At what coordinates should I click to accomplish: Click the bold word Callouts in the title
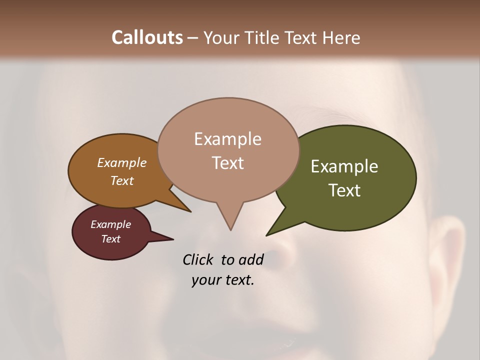pos(147,37)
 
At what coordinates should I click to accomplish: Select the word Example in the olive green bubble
pos(344,166)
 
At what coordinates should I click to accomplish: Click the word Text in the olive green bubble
pos(344,190)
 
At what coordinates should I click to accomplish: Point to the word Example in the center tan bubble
pos(227,139)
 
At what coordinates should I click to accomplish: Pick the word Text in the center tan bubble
pos(227,163)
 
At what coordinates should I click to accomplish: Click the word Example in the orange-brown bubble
pos(121,163)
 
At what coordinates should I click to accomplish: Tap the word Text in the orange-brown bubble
pos(121,180)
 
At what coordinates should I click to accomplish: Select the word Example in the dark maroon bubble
pos(110,224)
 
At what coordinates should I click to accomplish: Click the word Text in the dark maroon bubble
pos(110,239)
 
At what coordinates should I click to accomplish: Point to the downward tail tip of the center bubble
pos(230,230)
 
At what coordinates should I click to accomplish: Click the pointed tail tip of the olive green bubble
pos(266,235)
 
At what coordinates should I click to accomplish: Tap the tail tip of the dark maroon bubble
pos(173,239)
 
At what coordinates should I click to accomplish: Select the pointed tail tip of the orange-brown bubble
pos(190,212)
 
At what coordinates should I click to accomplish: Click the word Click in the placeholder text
pos(198,259)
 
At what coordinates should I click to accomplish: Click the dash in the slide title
pos(193,38)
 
